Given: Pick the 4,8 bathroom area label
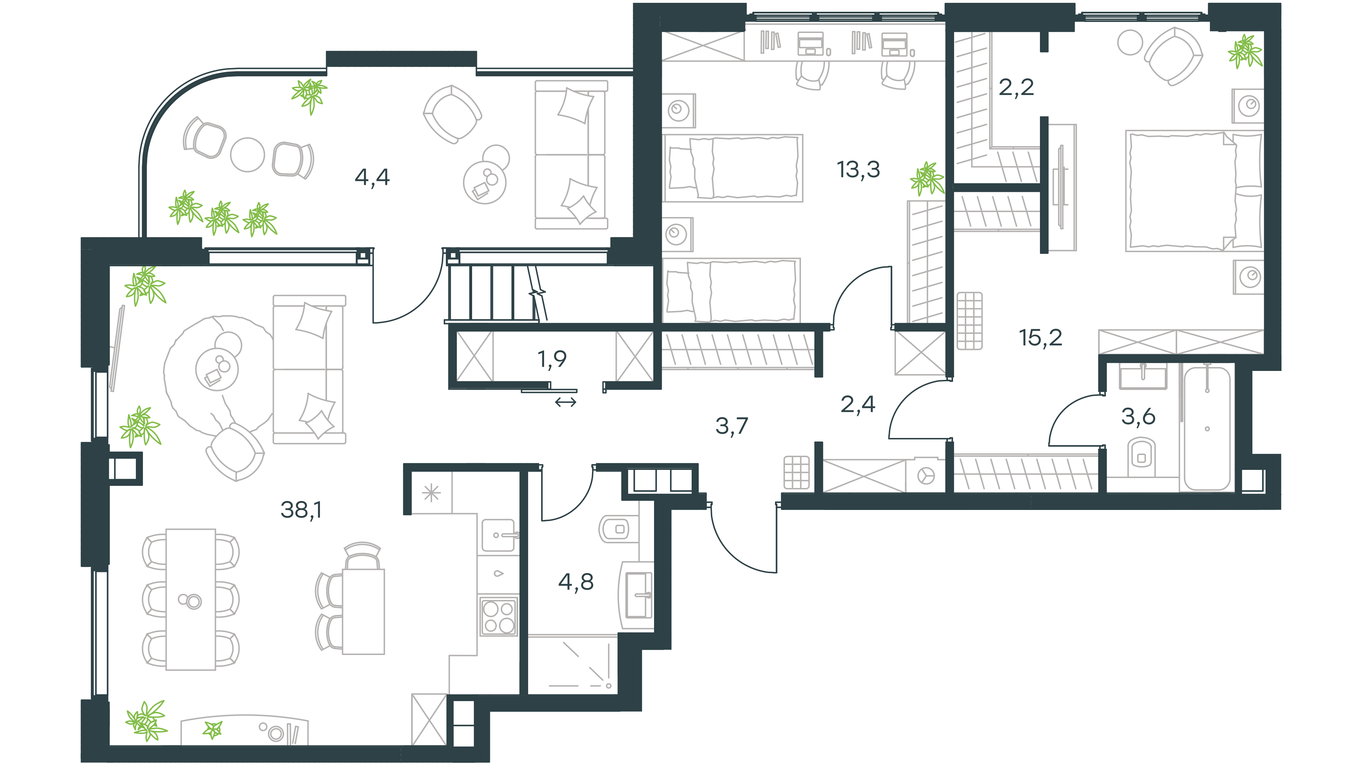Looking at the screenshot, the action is tap(576, 582).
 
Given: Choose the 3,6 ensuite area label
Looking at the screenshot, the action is tap(1138, 417).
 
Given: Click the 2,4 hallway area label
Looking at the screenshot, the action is tap(858, 404).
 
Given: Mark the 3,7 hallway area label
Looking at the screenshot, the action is tap(732, 426).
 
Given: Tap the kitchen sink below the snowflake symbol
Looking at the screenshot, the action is tap(499, 535).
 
